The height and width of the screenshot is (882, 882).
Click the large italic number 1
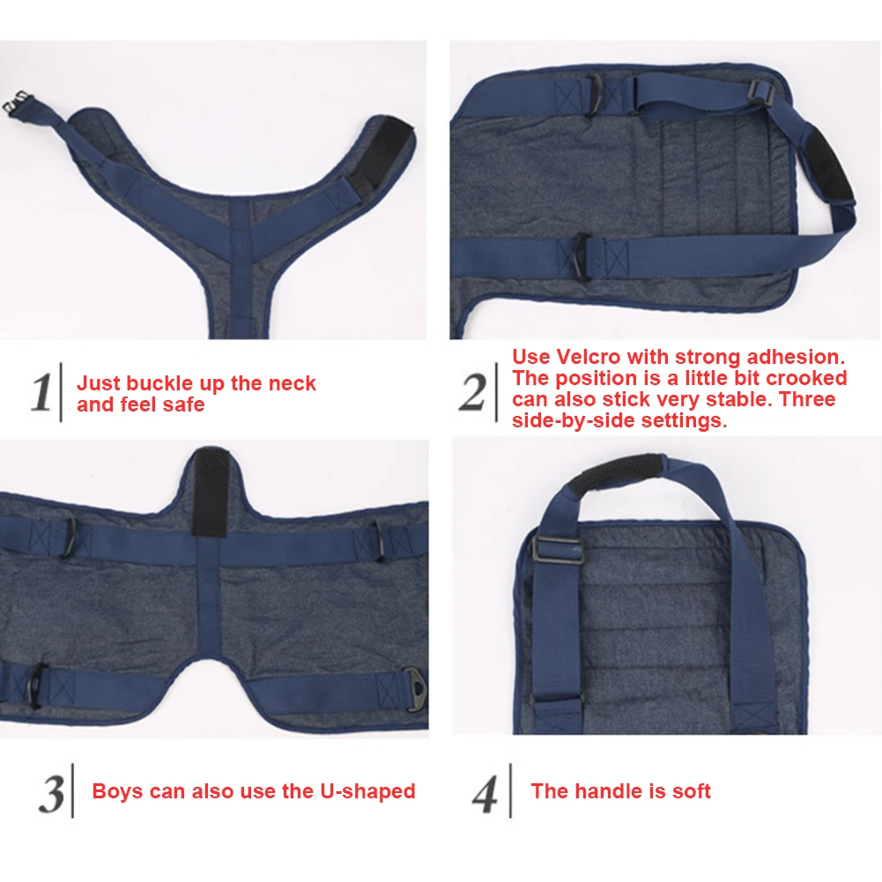pos(41,391)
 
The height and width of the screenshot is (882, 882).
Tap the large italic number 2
pos(472,392)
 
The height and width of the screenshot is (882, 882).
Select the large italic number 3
pos(52,794)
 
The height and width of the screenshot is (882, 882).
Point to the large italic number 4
pos(485,794)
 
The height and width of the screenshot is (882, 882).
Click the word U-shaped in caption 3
pos(368,791)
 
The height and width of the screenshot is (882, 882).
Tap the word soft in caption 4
pos(692,791)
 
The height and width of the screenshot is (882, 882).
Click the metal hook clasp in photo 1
pos(16,102)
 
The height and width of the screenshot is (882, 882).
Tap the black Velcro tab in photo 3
pos(210,493)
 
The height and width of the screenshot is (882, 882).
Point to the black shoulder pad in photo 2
pos(826,163)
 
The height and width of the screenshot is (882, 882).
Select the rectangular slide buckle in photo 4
pos(556,553)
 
